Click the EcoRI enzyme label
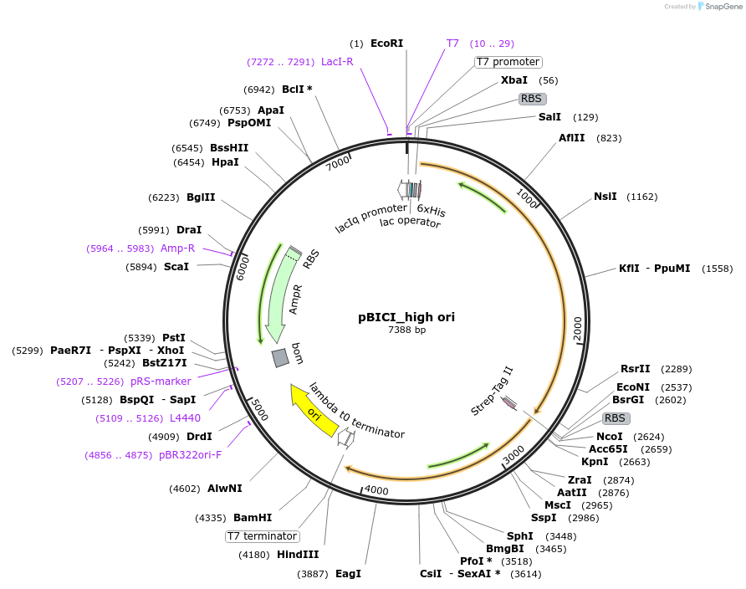click(386, 43)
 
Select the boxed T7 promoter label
click(508, 62)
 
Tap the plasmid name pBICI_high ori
click(406, 317)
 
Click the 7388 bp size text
click(406, 330)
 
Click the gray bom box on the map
click(281, 358)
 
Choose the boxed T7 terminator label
click(263, 536)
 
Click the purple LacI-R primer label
click(337, 62)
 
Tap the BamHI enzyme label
click(253, 518)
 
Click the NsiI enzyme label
click(605, 197)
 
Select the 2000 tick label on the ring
click(577, 329)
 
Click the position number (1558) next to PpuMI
click(718, 269)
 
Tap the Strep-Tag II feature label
click(492, 390)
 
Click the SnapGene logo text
click(723, 7)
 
